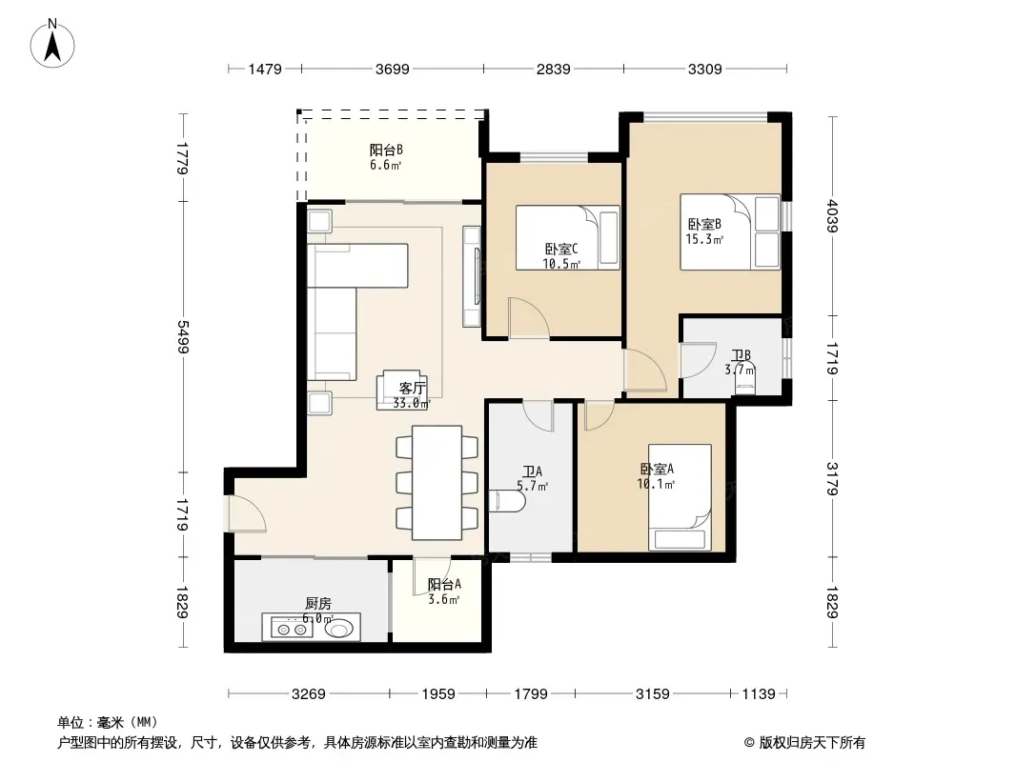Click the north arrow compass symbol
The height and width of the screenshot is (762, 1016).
[x=52, y=44]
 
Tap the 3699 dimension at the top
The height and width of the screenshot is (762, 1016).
[x=393, y=69]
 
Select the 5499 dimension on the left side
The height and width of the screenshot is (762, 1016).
[x=183, y=337]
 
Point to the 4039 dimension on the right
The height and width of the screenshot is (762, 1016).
[x=833, y=216]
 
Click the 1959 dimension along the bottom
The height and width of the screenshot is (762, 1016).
[x=438, y=694]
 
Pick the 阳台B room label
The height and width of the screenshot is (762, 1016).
[x=386, y=150]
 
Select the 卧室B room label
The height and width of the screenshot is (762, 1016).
[x=704, y=225]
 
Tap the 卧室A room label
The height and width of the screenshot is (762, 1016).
[x=657, y=469]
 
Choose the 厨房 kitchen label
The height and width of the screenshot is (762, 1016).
[x=318, y=603]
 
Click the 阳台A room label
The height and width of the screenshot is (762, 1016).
[x=444, y=584]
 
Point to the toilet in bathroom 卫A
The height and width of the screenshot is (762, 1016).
[x=509, y=502]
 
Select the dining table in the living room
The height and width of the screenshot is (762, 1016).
[x=437, y=482]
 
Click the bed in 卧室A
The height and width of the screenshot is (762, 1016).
[x=680, y=497]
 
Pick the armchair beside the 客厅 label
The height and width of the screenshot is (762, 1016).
[x=402, y=390]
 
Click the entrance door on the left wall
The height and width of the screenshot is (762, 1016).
[x=246, y=514]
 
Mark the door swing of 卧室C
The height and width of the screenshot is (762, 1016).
[x=529, y=318]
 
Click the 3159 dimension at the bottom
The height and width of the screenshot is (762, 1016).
[x=653, y=694]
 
